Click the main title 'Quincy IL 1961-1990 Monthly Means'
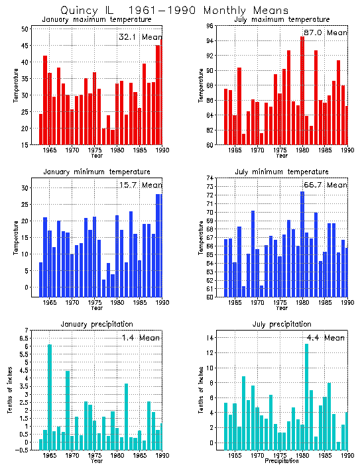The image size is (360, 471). tap(174, 11)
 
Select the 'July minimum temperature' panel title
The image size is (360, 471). tap(282, 172)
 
